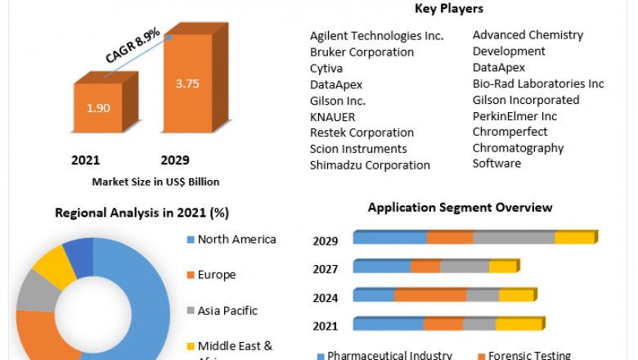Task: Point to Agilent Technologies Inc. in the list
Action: [376, 36]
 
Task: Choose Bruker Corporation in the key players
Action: [362, 52]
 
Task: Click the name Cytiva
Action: [326, 68]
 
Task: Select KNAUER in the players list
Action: [332, 117]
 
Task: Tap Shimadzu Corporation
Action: [370, 165]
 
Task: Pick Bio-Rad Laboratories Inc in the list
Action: [537, 83]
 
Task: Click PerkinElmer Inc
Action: [514, 116]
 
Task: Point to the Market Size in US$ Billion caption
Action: [155, 182]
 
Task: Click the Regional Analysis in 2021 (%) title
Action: [142, 213]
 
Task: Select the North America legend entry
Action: [236, 240]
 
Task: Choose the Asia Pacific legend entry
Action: [227, 311]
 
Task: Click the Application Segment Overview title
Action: [460, 208]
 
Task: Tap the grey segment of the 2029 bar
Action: [514, 238]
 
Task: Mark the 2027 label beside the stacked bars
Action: [326, 268]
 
